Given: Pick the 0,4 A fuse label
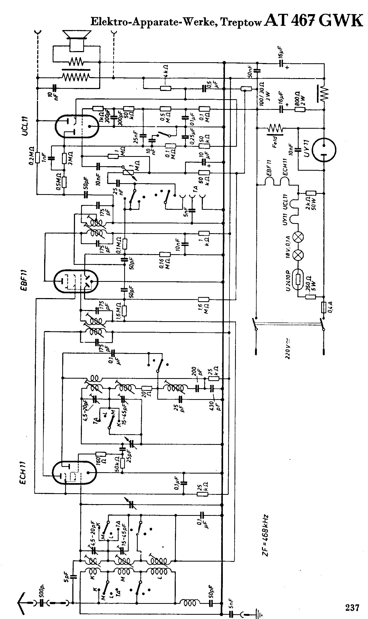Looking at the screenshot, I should [331, 307].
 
